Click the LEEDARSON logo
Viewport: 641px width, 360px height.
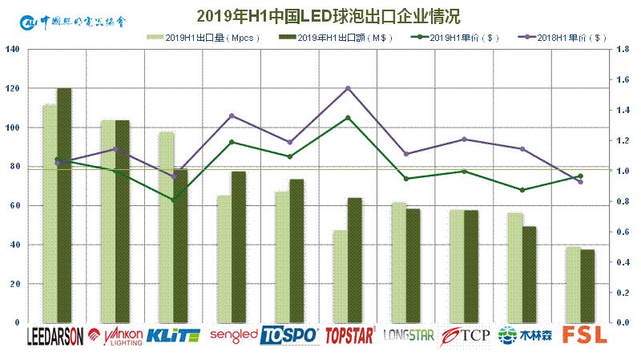click(55, 335)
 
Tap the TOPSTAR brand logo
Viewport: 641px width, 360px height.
click(349, 335)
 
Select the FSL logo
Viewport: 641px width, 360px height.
click(581, 335)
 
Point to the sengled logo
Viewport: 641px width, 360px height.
click(232, 334)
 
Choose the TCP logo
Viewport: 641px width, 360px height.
click(465, 335)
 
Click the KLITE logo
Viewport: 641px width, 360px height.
click(173, 335)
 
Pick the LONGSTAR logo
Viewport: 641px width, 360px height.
click(408, 335)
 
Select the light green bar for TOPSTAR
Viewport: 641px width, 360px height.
click(341, 276)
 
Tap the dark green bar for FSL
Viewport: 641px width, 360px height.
click(587, 286)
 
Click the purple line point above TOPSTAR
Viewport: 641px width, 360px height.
click(348, 88)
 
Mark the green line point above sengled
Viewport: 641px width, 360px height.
click(232, 142)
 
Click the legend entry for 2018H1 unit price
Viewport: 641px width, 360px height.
click(561, 37)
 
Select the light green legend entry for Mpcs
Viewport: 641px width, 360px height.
click(196, 37)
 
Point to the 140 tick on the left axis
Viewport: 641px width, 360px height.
click(13, 50)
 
